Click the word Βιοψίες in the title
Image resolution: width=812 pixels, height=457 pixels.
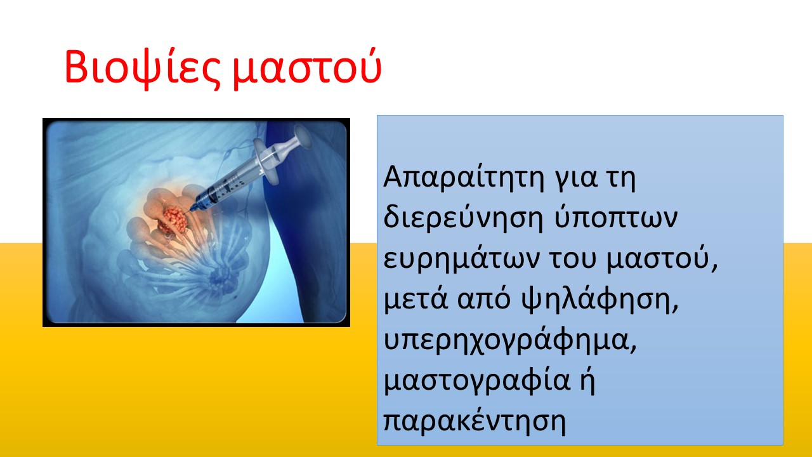tap(142, 68)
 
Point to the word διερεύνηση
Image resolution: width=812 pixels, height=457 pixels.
tap(463, 218)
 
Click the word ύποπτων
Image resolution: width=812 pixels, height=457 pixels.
tap(616, 218)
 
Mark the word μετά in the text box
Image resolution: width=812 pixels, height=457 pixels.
tap(416, 300)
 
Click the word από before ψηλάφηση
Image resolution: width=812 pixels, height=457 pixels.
tap(484, 300)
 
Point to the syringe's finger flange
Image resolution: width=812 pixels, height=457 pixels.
tap(266, 161)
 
